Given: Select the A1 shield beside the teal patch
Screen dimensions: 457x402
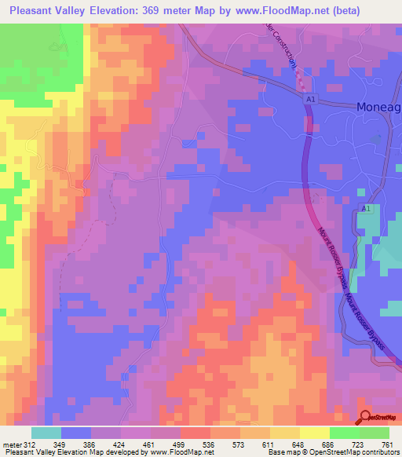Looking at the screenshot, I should point(366,208).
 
